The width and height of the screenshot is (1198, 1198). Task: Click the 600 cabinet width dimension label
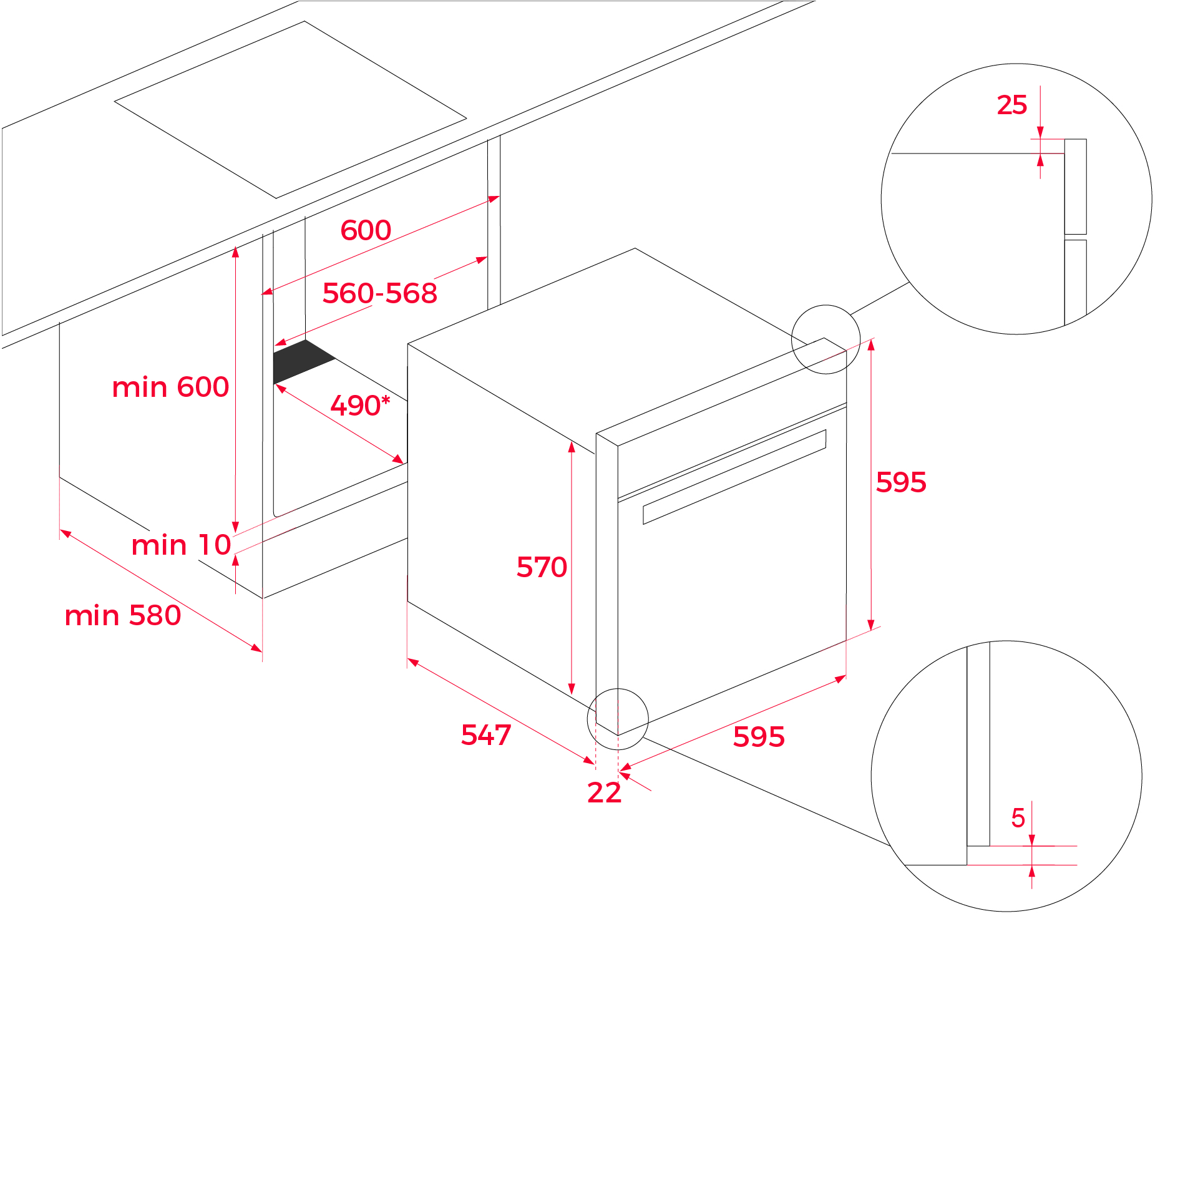[x=366, y=230]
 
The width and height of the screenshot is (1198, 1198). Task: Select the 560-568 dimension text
[x=379, y=293]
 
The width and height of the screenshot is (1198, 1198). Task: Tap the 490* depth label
[x=359, y=406]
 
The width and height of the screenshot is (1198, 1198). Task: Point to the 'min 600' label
[x=170, y=387]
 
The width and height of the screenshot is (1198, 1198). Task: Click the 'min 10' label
[x=181, y=545]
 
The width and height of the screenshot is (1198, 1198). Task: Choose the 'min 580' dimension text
[x=123, y=616]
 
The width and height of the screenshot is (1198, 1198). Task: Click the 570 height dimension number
[x=542, y=567]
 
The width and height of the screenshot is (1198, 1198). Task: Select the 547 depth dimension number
[x=486, y=735]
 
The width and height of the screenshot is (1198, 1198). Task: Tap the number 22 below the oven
[x=604, y=792]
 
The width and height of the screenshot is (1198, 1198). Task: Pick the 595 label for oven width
[x=759, y=737]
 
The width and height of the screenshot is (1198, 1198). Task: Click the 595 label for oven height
[x=901, y=482]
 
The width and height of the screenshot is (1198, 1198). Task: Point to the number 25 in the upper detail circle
[x=1011, y=105]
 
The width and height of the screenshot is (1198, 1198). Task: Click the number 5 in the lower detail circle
[x=1018, y=818]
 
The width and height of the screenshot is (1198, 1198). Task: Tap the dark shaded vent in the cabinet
[x=303, y=362]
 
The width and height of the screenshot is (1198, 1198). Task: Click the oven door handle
[x=734, y=477]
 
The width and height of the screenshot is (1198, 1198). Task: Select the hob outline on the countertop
[x=290, y=109]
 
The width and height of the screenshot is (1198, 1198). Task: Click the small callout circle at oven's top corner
[x=825, y=339]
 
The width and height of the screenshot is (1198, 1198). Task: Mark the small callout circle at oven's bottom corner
[x=618, y=719]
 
